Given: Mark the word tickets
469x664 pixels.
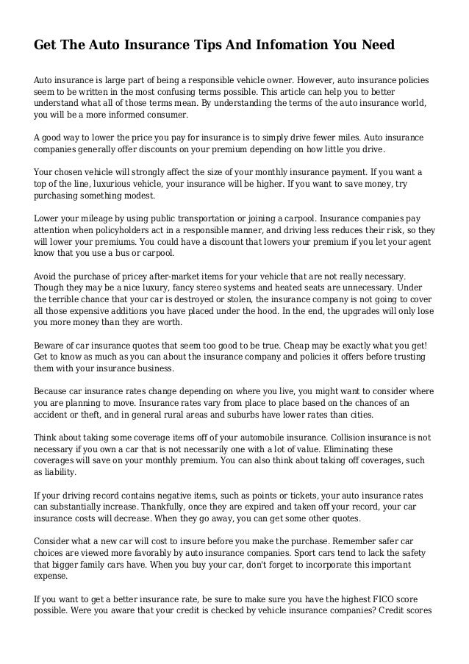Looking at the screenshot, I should pyautogui.click(x=285, y=495).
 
